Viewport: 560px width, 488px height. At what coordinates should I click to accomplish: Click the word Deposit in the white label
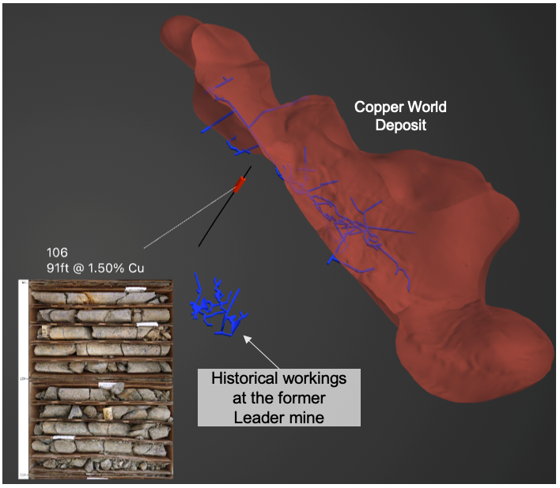tap(401, 125)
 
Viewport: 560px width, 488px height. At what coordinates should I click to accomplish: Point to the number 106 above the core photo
tap(57, 252)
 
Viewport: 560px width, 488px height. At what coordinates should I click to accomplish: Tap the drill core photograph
tap(100, 380)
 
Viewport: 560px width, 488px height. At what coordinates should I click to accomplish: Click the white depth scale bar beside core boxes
tap(23, 380)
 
